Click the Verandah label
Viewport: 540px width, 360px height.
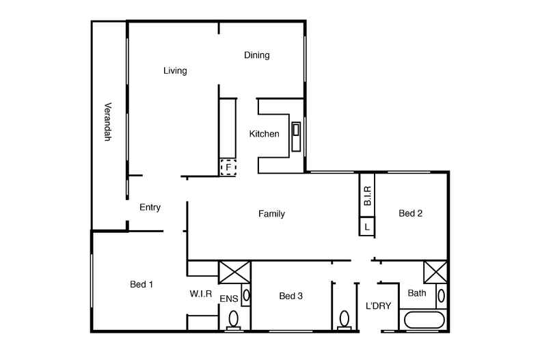pyautogui.click(x=107, y=122)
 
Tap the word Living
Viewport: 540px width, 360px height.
pyautogui.click(x=175, y=70)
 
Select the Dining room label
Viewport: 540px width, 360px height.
pyautogui.click(x=257, y=55)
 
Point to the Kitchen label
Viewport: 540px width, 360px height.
pyautogui.click(x=264, y=134)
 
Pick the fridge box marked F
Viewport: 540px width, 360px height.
pyautogui.click(x=228, y=166)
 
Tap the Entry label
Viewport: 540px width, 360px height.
pyautogui.click(x=150, y=207)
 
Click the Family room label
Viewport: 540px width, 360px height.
pyautogui.click(x=271, y=214)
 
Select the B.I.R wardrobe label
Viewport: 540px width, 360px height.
pyautogui.click(x=367, y=196)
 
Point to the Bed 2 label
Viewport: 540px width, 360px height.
pyautogui.click(x=410, y=213)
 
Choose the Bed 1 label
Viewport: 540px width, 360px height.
pyautogui.click(x=141, y=284)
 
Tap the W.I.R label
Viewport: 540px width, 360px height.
pyautogui.click(x=202, y=294)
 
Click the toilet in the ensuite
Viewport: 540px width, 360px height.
pyautogui.click(x=234, y=319)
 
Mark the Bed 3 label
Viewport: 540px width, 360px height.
pyautogui.click(x=291, y=296)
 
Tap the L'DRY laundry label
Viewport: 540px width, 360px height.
pyautogui.click(x=378, y=306)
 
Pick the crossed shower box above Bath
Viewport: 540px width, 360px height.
pyautogui.click(x=435, y=272)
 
